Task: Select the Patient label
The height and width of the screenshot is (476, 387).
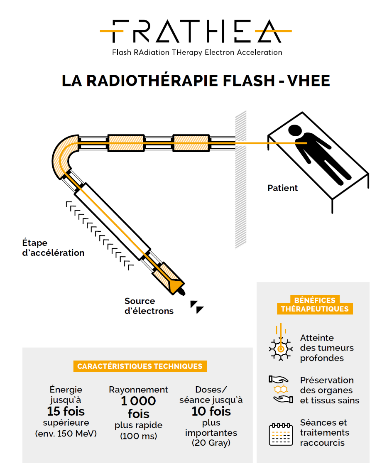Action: tap(282, 188)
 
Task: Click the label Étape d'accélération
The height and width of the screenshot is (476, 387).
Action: tap(53, 248)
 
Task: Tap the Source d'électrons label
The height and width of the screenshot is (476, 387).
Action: tap(149, 306)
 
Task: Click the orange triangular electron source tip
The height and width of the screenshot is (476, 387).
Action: tap(176, 286)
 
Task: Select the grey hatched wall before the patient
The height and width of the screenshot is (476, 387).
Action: tap(241, 179)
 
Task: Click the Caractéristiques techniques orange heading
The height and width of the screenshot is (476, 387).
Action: tap(140, 366)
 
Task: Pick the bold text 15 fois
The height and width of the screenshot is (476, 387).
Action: tap(66, 412)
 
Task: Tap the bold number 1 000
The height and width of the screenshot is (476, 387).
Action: tap(138, 401)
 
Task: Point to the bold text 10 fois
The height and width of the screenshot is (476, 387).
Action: tap(211, 412)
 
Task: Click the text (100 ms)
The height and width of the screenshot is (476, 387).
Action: tap(138, 436)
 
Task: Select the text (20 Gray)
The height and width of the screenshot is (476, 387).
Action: tap(211, 443)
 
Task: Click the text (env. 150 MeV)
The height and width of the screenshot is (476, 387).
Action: tap(66, 434)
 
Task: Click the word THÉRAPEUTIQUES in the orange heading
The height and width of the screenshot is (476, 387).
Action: tap(314, 309)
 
